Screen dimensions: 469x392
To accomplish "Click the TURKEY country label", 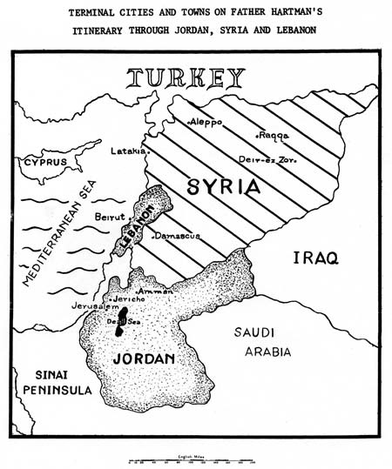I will (x=186, y=79).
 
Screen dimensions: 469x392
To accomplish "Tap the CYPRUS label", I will (x=45, y=162).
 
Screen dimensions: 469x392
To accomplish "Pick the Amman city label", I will (x=155, y=291).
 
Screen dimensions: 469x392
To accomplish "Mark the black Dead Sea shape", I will (x=123, y=320).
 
